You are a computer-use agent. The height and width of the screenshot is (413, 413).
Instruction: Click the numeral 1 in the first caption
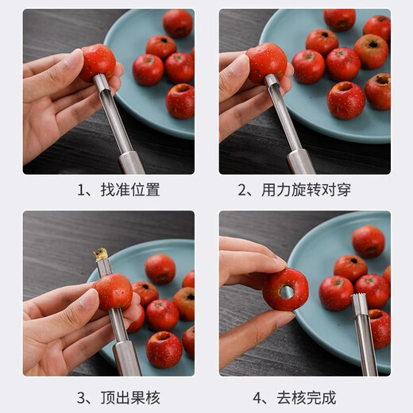[81, 191]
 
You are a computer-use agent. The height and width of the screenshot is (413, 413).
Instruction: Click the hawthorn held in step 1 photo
[97, 62]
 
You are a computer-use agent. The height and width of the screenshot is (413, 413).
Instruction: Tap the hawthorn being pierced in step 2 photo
[266, 61]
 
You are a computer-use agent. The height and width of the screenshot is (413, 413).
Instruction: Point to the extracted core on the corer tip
[101, 255]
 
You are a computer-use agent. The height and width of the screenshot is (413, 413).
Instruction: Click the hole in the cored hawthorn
[286, 291]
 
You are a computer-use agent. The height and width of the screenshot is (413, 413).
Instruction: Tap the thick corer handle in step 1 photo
[131, 163]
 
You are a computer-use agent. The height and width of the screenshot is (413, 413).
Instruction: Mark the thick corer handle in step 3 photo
[128, 359]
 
